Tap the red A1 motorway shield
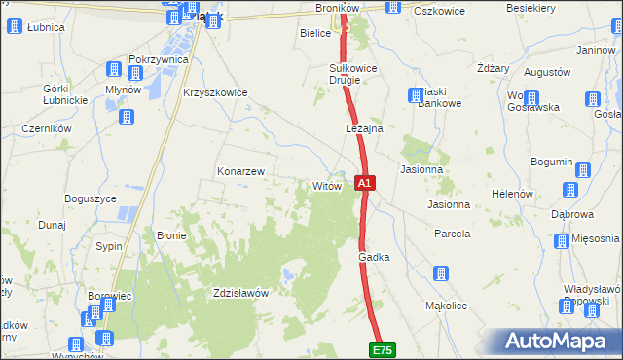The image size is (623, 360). [x=364, y=182]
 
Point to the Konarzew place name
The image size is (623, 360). [x=240, y=171]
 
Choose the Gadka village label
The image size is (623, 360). [x=374, y=256]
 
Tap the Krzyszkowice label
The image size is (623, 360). [x=215, y=92]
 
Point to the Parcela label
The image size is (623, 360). [x=452, y=234]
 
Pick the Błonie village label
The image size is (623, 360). [x=171, y=234]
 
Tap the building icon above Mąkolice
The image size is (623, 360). [x=440, y=274]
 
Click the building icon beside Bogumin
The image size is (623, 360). [x=583, y=170]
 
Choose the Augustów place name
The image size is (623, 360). [x=546, y=72]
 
